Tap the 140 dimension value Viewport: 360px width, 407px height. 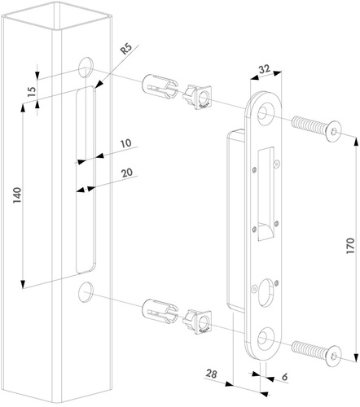click(x=17, y=195)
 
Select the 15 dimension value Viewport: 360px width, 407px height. click(x=32, y=92)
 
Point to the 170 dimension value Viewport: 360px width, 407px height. click(x=350, y=246)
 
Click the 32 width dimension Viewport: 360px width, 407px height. click(x=264, y=69)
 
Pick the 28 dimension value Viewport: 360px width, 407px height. click(x=211, y=374)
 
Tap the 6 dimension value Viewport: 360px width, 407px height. click(x=284, y=377)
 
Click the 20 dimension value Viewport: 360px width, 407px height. click(x=127, y=173)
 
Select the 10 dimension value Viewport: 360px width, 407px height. click(x=125, y=143)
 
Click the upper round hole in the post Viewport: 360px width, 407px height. click(x=86, y=68)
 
